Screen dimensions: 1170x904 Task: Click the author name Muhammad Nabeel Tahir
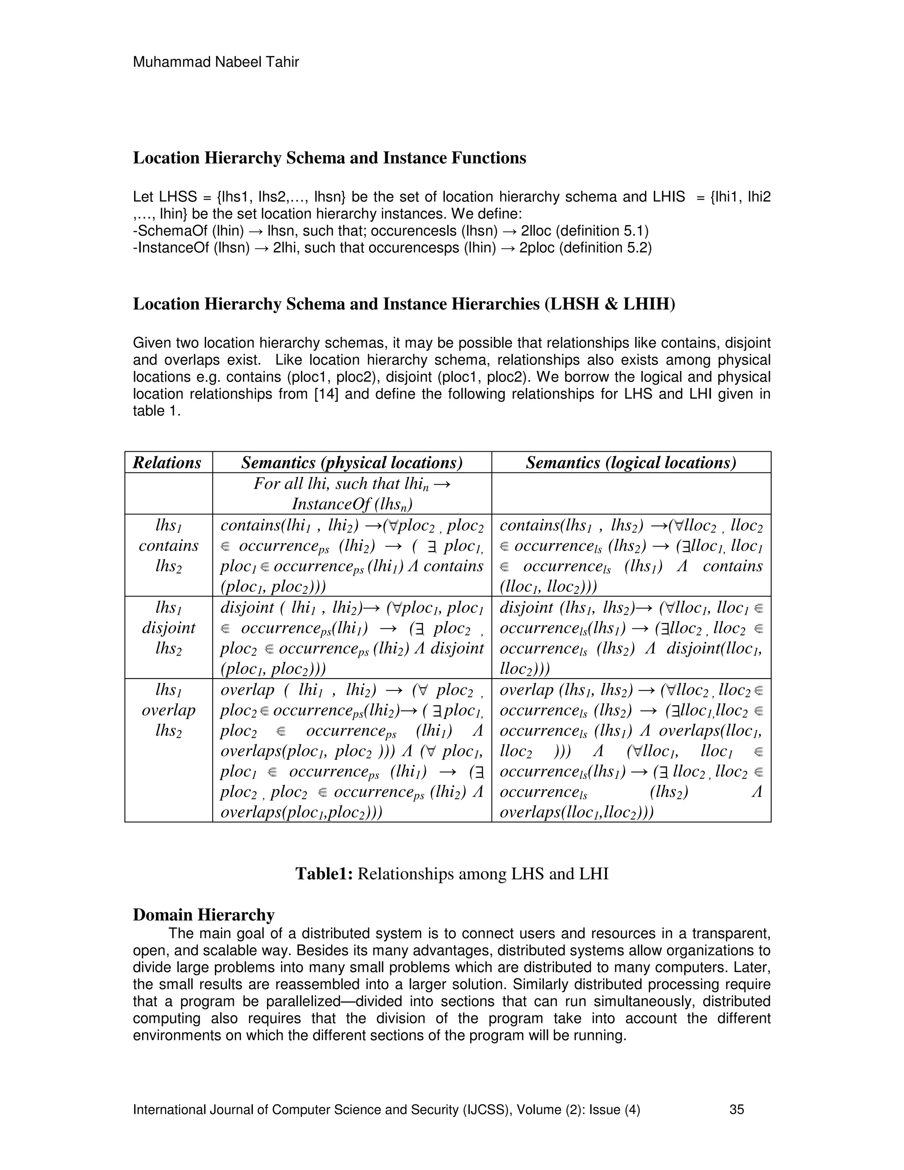(215, 62)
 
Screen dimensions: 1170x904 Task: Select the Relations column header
(167, 462)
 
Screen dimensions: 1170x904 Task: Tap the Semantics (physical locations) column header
(351, 462)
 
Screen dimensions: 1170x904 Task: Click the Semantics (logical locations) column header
(630, 462)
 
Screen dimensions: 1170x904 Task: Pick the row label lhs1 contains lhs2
(168, 545)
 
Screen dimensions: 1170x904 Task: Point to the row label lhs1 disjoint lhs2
(168, 628)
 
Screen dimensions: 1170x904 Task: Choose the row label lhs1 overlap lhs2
(168, 710)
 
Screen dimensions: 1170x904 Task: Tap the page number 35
(736, 1110)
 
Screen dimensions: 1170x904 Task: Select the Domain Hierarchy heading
(203, 914)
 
